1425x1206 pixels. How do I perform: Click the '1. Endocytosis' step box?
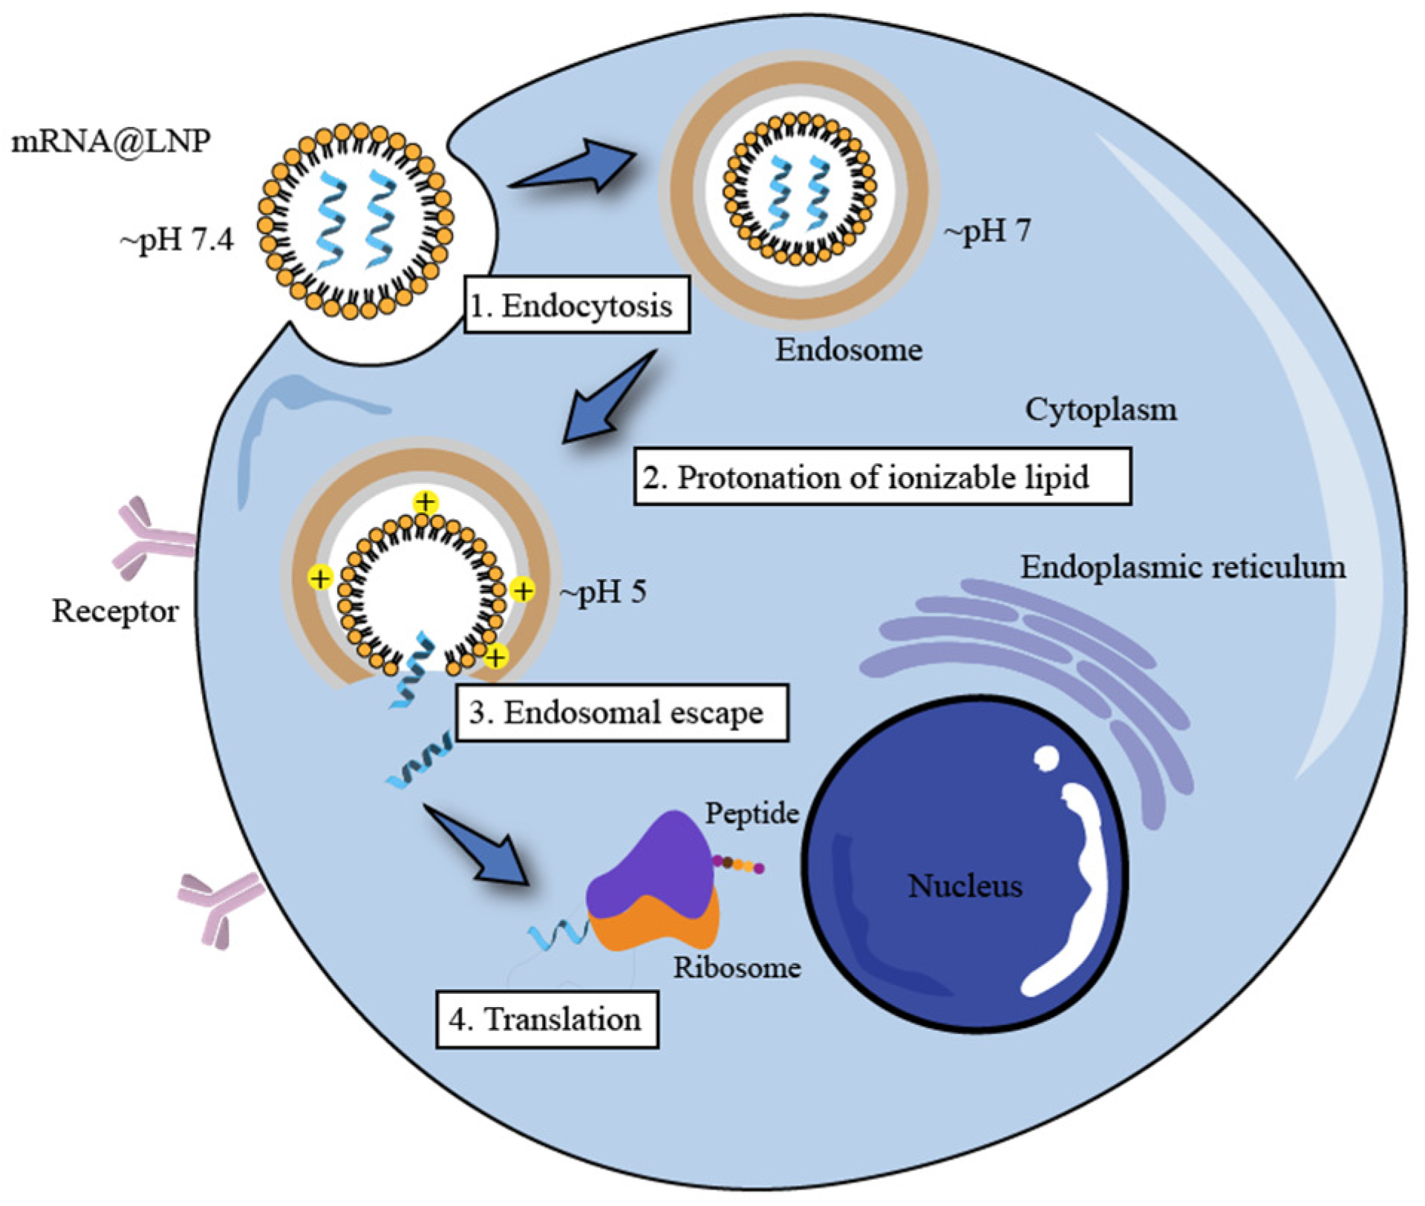click(576, 305)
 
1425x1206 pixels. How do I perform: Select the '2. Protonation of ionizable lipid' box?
click(881, 476)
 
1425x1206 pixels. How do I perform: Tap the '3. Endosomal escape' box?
click(621, 712)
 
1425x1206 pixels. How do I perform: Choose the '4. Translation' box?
click(546, 1020)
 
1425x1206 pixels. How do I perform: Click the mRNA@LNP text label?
click(111, 141)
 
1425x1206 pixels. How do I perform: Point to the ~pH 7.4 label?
click(177, 240)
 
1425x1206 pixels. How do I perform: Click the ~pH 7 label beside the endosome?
click(987, 232)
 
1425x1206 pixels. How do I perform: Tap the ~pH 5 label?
click(603, 591)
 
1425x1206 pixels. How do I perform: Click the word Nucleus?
click(965, 886)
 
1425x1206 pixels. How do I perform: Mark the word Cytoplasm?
click(1100, 410)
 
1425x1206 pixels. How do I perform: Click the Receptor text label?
click(115, 612)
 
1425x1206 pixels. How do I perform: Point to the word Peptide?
click(751, 813)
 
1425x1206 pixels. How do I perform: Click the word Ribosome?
click(737, 968)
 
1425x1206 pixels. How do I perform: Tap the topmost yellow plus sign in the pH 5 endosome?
click(425, 503)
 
